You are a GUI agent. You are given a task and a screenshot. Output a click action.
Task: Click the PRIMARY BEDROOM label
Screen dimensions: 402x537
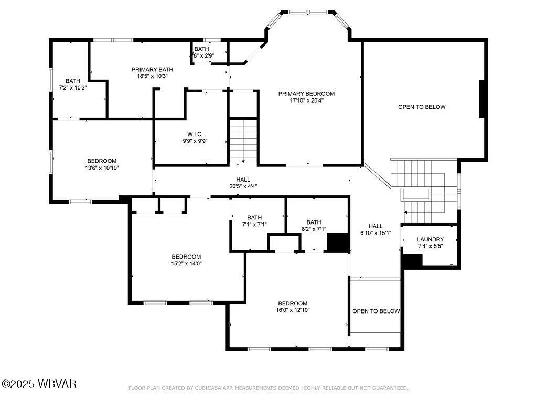pos(306,94)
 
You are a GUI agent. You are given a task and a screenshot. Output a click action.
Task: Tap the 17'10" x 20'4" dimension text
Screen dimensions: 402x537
pos(306,101)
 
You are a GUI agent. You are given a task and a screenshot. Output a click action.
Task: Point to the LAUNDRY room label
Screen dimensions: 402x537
pos(430,239)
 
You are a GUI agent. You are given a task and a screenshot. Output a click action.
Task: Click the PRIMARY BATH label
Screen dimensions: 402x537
pos(152,69)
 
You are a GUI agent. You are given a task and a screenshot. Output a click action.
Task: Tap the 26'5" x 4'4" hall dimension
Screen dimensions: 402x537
pos(243,186)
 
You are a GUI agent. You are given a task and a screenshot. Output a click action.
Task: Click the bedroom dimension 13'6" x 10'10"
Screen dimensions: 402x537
pos(102,168)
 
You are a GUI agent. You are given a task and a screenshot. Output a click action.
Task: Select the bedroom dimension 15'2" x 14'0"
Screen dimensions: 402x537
pos(186,264)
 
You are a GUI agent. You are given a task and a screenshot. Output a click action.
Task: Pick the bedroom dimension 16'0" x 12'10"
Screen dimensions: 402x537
pos(293,310)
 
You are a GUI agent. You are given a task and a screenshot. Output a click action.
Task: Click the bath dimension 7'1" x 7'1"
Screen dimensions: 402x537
pos(254,225)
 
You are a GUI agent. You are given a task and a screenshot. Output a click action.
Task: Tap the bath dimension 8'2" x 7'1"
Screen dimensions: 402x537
pos(314,229)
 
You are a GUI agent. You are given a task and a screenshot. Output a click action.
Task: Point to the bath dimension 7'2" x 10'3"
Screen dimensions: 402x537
pos(73,87)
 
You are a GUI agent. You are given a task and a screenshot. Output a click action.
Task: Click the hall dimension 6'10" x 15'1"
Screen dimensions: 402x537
pos(375,233)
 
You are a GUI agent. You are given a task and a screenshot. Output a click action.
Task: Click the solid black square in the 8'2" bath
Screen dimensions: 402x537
pos(338,243)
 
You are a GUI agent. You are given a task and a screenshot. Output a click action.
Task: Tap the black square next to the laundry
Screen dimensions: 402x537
pos(412,261)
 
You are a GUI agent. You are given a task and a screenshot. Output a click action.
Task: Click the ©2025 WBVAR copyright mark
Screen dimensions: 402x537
pos(39,384)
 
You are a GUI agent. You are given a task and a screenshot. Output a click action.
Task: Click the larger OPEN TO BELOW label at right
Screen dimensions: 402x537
pos(422,107)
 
